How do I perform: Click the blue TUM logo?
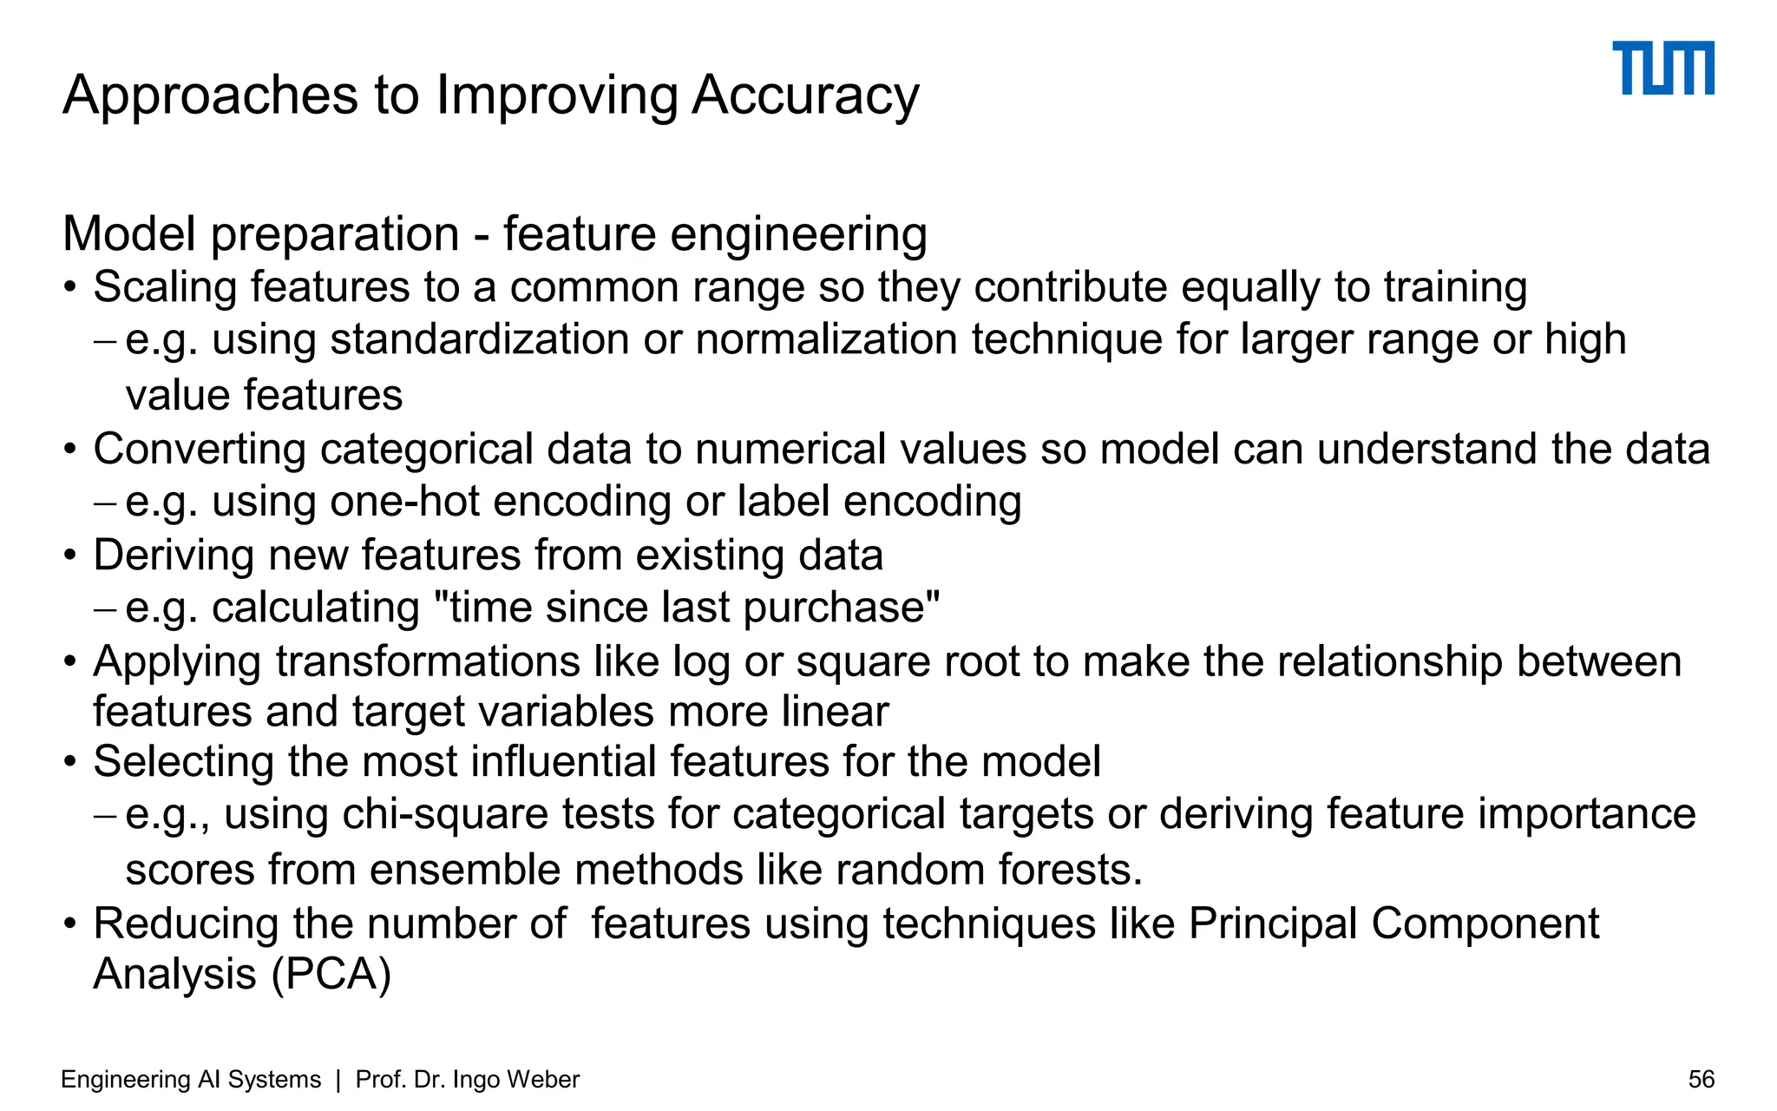(x=1662, y=68)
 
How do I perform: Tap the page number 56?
(x=1701, y=1079)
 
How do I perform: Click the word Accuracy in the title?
(x=805, y=95)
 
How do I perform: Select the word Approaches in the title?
(x=210, y=95)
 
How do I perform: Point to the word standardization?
(x=479, y=339)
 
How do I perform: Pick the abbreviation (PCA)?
(x=331, y=974)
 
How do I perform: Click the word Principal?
(x=1272, y=924)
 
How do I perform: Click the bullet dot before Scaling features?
(x=71, y=287)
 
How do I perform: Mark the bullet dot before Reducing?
(x=71, y=924)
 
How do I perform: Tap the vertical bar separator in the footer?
(x=338, y=1079)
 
